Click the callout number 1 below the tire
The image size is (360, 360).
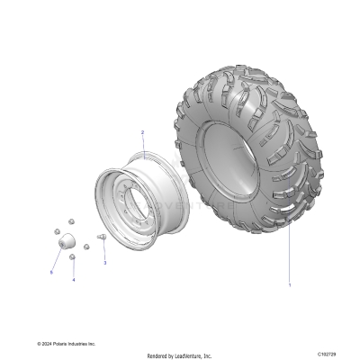pos(289,285)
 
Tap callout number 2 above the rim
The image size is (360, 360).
pos(141,132)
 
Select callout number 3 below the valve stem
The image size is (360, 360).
pos(104,263)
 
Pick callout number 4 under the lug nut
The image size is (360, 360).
pos(74,280)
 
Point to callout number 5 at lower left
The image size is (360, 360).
pos(51,271)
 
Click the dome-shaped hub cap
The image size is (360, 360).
pos(64,243)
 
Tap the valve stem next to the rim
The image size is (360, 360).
pos(101,237)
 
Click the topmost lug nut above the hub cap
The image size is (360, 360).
pos(69,225)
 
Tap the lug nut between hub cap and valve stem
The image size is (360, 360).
pos(85,247)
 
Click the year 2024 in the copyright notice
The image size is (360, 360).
pos(49,343)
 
